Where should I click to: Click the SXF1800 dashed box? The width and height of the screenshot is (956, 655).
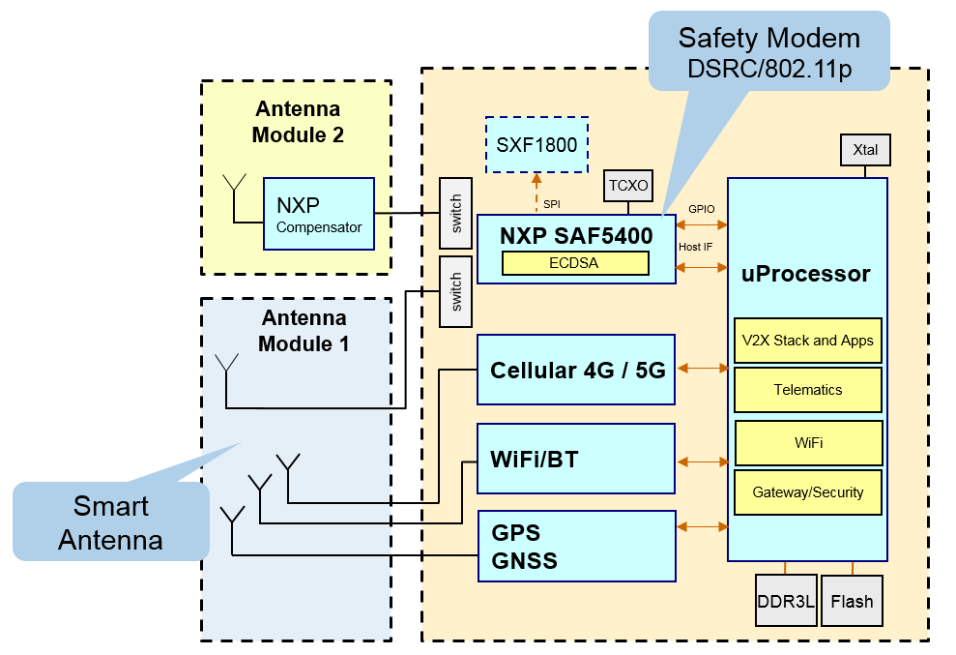coord(536,145)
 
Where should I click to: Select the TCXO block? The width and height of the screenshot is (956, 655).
coord(628,187)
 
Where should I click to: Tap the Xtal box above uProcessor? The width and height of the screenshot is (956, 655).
coord(865,150)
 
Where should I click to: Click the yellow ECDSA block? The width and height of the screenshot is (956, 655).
coord(575,262)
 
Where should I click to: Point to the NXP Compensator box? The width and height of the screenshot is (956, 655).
coord(318,214)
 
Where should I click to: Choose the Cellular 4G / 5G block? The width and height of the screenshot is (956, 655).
coord(576,369)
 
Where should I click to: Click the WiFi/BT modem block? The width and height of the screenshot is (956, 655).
coord(576,459)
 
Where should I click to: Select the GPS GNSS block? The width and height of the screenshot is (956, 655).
coord(576,547)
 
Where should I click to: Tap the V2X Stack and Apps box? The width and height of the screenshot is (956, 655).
coord(808,341)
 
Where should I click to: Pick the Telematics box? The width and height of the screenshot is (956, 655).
coord(808,390)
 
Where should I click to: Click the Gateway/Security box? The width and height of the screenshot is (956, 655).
coord(808,492)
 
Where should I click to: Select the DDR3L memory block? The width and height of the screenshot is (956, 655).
coord(786,602)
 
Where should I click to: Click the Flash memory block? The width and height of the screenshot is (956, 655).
coord(852,602)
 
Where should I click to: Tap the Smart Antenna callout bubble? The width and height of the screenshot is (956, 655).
coord(110,521)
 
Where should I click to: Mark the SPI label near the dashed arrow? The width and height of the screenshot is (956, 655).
coord(552,204)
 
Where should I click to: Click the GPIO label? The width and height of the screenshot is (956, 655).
coord(701,209)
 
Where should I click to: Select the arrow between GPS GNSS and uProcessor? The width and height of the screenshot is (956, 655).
coord(704,527)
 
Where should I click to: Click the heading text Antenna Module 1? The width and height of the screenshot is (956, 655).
coord(304,330)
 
